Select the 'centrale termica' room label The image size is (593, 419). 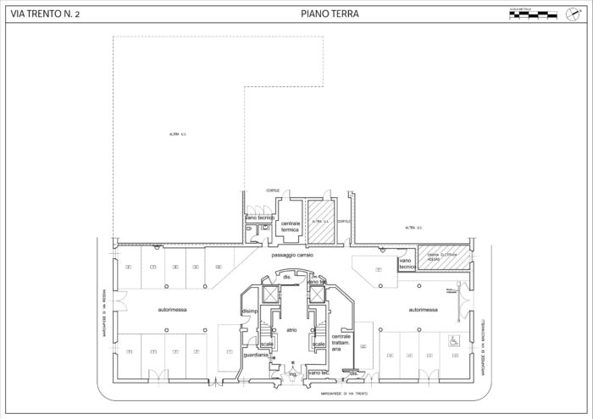coord(291,226)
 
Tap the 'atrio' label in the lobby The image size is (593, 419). coord(291,330)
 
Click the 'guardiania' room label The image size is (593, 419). coord(256,356)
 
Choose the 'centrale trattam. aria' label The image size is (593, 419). coord(341,342)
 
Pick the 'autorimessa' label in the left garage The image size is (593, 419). coord(173,310)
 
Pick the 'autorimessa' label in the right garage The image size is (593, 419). coord(424,310)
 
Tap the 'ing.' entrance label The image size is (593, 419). coord(293,372)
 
